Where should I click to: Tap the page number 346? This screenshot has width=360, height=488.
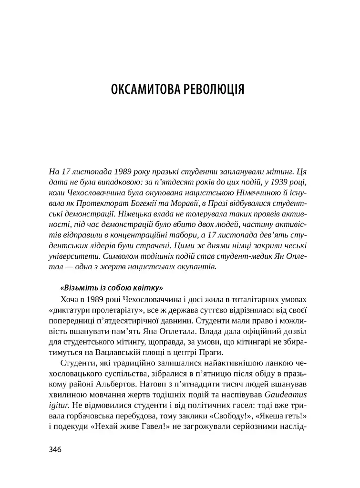click(56, 449)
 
